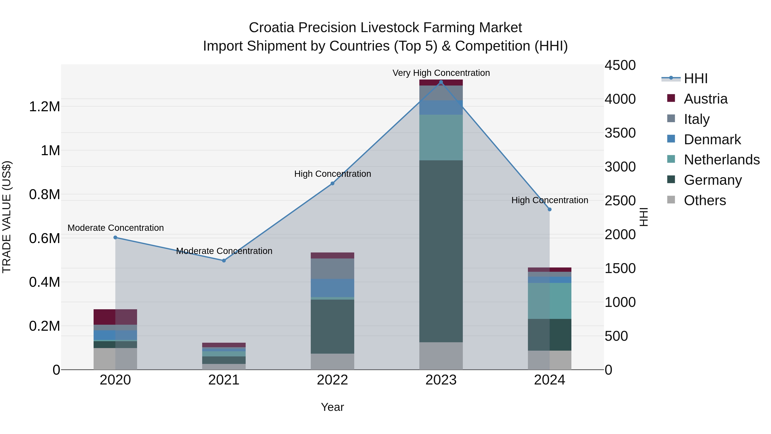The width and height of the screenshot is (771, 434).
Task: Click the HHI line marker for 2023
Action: pos(441,82)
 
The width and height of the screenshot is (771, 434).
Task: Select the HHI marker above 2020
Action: pos(115,237)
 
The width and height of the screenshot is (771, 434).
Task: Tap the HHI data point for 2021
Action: pos(224,261)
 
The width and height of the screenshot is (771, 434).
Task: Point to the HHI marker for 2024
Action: pos(550,210)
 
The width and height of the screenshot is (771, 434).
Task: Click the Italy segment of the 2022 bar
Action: pos(332,269)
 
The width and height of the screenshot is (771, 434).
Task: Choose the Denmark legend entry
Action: pos(712,140)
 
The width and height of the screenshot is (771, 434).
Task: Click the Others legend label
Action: pos(705,200)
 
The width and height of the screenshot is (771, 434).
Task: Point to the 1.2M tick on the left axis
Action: pos(44,107)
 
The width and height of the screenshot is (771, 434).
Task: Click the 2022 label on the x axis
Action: pos(332,380)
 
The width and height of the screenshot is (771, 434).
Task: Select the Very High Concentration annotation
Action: pos(441,73)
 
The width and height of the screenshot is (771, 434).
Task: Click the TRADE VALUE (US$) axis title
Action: pos(7,217)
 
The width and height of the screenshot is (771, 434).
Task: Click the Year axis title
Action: pos(332,407)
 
